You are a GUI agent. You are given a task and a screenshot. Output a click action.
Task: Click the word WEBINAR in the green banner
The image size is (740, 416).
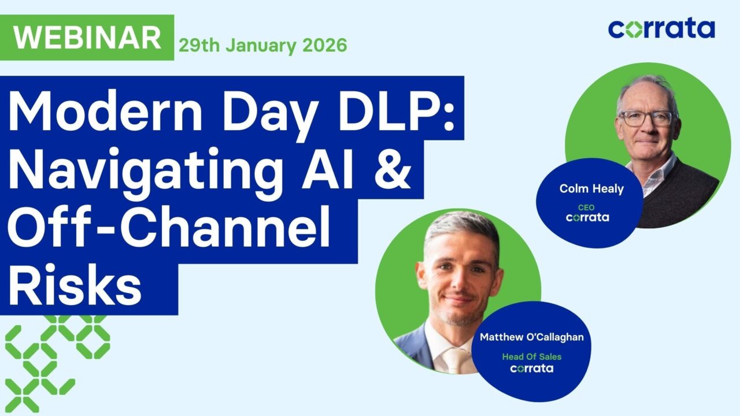87,38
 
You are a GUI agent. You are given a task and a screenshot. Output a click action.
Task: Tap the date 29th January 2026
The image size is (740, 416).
263,45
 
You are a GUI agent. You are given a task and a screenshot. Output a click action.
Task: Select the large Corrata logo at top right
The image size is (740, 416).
661,28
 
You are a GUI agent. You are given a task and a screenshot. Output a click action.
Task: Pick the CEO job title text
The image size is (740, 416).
586,207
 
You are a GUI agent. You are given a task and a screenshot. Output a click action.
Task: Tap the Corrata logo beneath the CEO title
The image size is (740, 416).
587,218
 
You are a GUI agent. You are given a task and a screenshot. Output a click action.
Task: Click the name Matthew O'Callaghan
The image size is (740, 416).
531,337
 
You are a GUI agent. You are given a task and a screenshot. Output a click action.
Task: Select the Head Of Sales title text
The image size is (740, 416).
531,356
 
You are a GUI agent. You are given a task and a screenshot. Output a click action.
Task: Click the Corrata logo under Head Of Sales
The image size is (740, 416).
531,368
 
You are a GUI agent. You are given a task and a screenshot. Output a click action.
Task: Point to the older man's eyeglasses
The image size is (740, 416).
646,118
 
